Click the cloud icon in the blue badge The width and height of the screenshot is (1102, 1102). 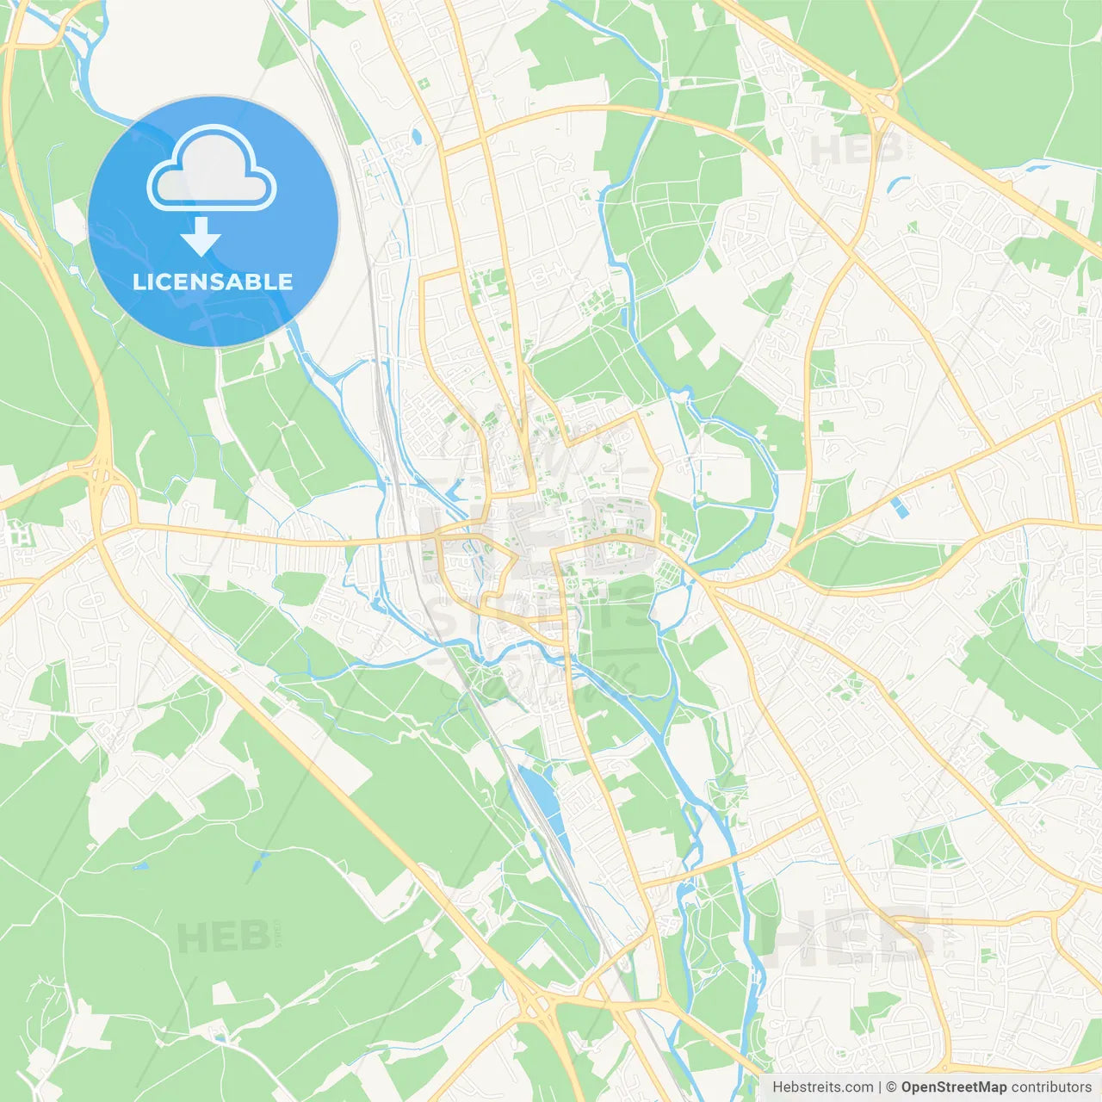coord(212,169)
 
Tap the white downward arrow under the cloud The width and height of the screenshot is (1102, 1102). coord(201,236)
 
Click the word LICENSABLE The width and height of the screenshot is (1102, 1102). coord(213,282)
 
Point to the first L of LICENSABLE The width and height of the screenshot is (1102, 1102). coord(138,282)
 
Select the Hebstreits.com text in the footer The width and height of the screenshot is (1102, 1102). coord(822,1087)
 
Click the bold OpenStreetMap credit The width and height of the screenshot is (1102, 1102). coord(953,1087)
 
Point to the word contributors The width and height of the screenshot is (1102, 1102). coord(1051,1087)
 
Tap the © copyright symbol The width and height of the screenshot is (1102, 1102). coord(891,1087)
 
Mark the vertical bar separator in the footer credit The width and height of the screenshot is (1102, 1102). coord(880,1087)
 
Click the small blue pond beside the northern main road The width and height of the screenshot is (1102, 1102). coord(417,136)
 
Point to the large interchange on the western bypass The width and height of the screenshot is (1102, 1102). coord(103,482)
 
